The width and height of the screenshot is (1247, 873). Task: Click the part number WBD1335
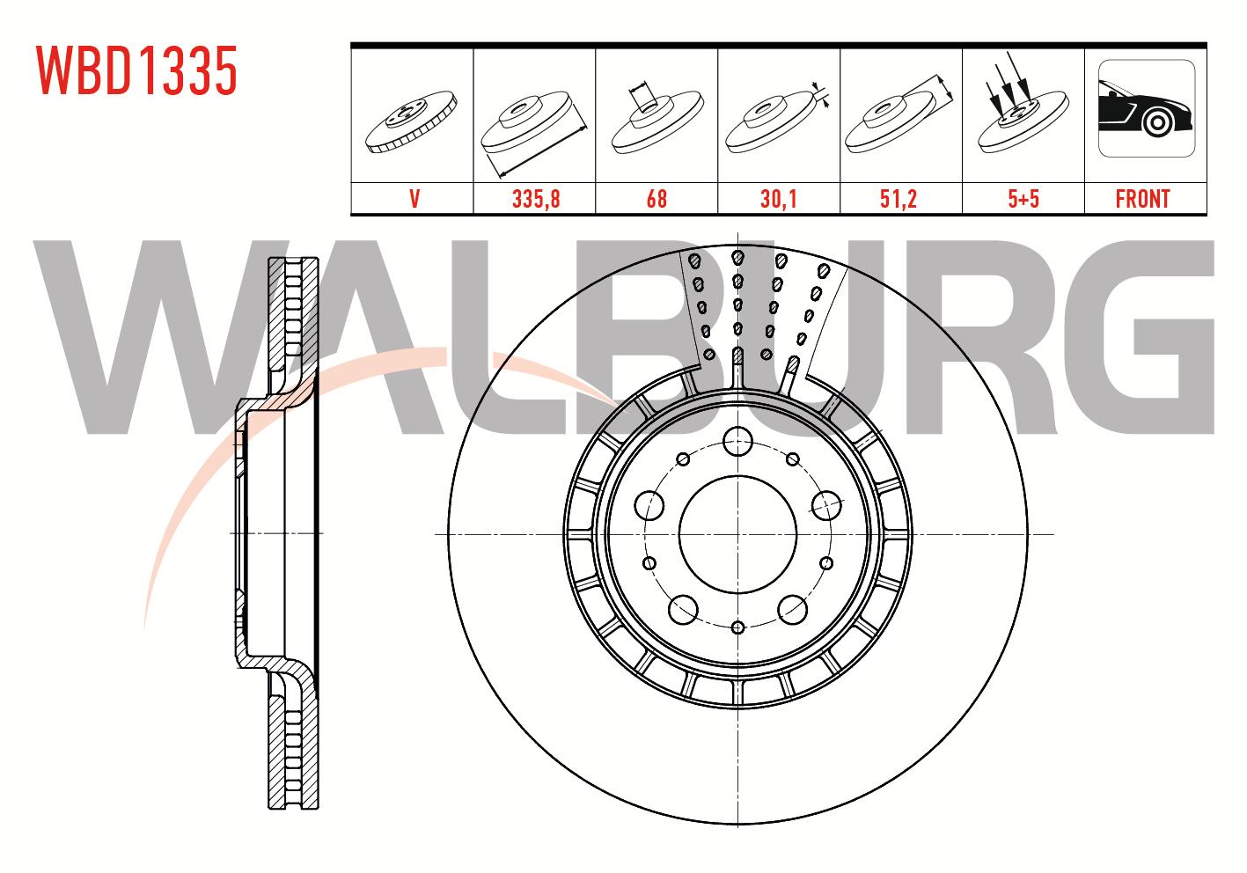[137, 70]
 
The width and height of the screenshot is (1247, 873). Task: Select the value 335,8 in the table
[536, 199]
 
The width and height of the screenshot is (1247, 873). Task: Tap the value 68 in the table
[657, 199]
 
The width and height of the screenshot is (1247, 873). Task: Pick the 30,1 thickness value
[779, 199]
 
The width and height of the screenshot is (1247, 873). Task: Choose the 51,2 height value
[899, 199]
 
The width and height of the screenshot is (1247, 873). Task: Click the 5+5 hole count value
[1023, 199]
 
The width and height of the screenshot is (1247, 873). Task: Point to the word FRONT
[1143, 199]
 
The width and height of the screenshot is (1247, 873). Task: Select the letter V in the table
[414, 199]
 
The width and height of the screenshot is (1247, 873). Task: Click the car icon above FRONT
[1147, 108]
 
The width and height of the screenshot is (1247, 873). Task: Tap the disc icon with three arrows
[1023, 103]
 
